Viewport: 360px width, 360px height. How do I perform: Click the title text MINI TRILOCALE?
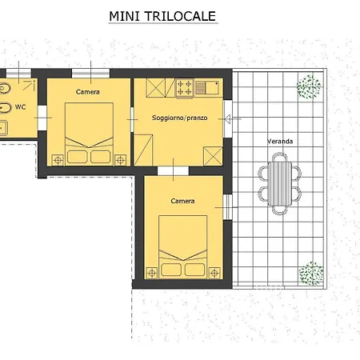coord(162,15)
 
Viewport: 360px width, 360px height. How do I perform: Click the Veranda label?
coord(279,142)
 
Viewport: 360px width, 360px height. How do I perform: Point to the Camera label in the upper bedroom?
coord(88,92)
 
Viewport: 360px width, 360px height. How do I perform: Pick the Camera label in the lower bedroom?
coord(182,201)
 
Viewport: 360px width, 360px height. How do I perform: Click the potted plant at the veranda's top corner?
coord(309,86)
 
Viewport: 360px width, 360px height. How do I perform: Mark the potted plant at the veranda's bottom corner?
coord(310,274)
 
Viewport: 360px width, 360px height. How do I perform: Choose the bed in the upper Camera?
coord(88,133)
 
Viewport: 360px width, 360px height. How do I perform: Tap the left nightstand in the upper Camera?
coord(58,160)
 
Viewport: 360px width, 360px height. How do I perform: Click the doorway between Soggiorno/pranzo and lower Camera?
coord(173,170)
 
